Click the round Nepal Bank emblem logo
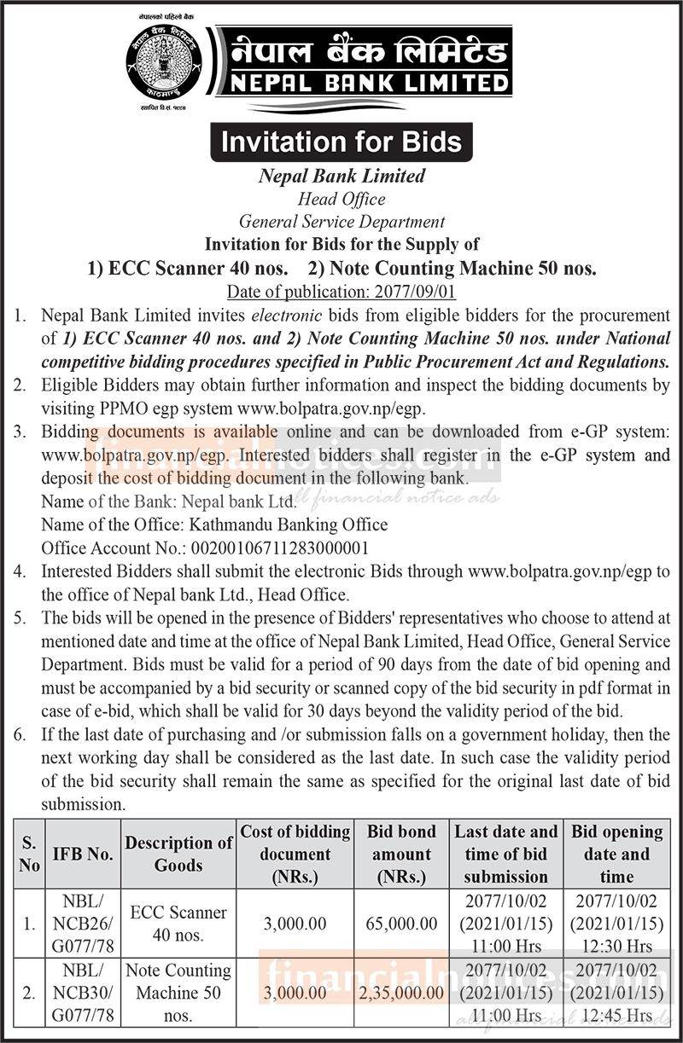tap(161, 63)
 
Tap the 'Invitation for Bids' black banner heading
tap(341, 142)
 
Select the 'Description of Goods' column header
tap(178, 854)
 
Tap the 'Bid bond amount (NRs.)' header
tap(401, 854)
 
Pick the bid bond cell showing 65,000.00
tap(401, 924)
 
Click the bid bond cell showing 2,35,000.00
tap(401, 993)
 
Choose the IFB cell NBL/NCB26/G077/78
tap(83, 924)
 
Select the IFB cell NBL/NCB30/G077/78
tap(83, 993)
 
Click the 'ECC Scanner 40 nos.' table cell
tap(178, 924)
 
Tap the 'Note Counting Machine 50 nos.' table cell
tap(178, 993)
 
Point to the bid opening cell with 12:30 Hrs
tap(616, 924)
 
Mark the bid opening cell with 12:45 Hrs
tap(616, 993)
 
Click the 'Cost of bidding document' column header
tap(295, 854)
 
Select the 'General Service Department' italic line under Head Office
tap(341, 222)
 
